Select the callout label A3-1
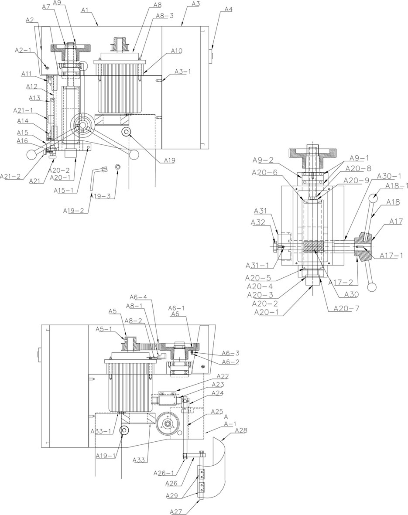182,72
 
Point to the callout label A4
228,10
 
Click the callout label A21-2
10,176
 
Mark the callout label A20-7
346,308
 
